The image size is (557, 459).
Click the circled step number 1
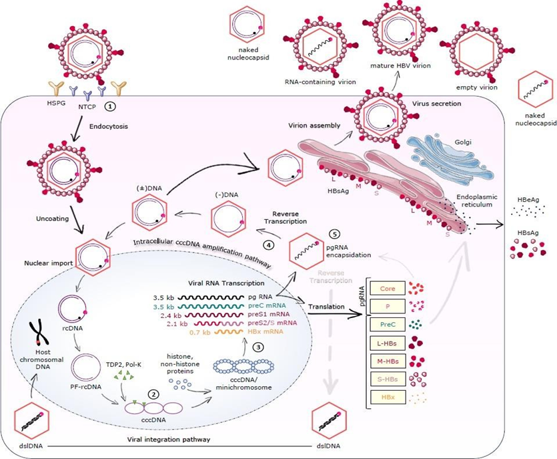tap(113, 105)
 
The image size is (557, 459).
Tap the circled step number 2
tap(154, 394)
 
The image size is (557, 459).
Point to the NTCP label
tap(89, 106)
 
